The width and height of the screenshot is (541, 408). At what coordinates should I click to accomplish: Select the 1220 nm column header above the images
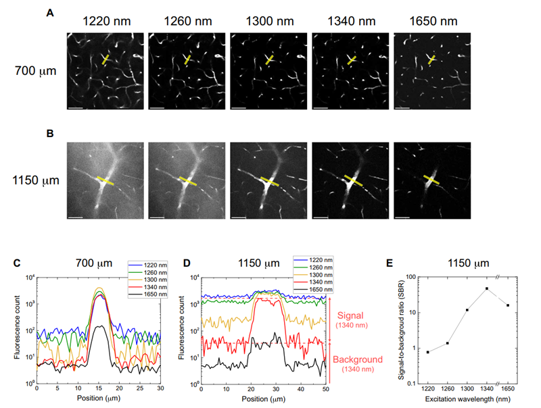[107, 21]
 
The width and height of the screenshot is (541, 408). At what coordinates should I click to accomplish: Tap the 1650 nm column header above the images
[433, 21]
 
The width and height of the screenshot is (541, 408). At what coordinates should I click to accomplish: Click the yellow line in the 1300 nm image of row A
[269, 60]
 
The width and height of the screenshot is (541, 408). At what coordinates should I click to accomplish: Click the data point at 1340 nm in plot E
[486, 288]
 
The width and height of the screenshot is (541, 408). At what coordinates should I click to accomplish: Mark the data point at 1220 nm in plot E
[428, 352]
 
